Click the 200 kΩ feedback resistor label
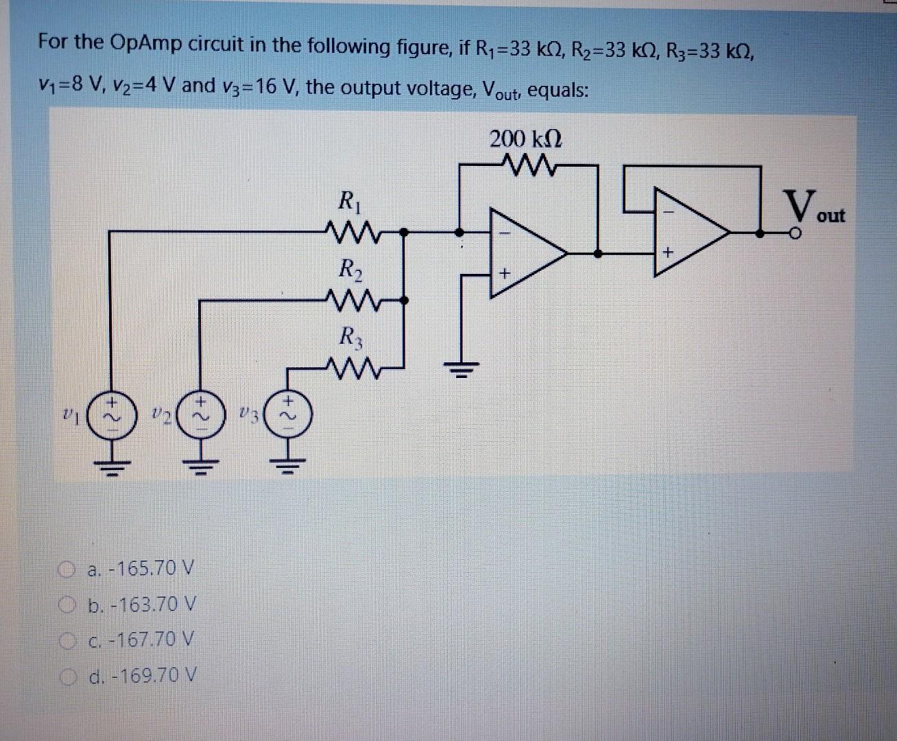[526, 140]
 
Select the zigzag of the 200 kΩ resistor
[527, 164]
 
